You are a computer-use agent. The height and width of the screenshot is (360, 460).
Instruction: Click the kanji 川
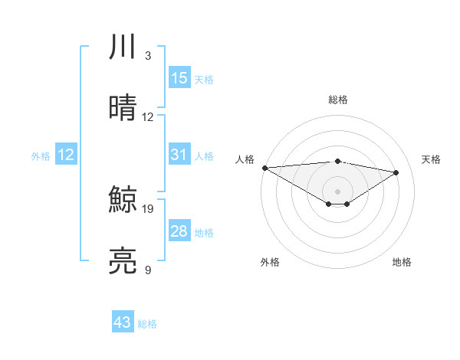coord(123,47)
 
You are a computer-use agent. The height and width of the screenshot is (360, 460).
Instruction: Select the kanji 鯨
coord(123,200)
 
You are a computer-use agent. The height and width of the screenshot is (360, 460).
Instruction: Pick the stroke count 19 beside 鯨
coord(149,208)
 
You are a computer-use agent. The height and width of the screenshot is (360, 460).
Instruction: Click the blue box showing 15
coord(179,78)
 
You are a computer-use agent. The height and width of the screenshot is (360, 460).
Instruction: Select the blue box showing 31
coord(179,155)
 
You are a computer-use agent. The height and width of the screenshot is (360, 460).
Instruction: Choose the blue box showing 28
coord(179,231)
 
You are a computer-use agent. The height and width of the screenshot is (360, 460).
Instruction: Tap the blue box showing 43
coord(123,322)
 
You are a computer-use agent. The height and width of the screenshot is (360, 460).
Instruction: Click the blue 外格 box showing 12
coord(66,155)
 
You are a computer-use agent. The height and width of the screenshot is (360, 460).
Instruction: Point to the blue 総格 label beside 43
coord(147,324)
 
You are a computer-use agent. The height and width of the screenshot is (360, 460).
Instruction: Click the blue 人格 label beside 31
coord(204,155)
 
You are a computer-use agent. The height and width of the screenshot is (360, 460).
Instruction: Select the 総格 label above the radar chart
coord(337,100)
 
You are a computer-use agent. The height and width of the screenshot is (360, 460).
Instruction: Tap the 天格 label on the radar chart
coord(432,159)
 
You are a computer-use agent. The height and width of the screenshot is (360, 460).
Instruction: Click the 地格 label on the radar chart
coord(402,262)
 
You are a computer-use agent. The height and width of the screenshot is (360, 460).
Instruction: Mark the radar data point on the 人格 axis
coord(264,168)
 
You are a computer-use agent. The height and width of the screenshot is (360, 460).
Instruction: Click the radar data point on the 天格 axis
coord(396,172)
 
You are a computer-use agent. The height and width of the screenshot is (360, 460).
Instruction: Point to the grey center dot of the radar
coord(337,191)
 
